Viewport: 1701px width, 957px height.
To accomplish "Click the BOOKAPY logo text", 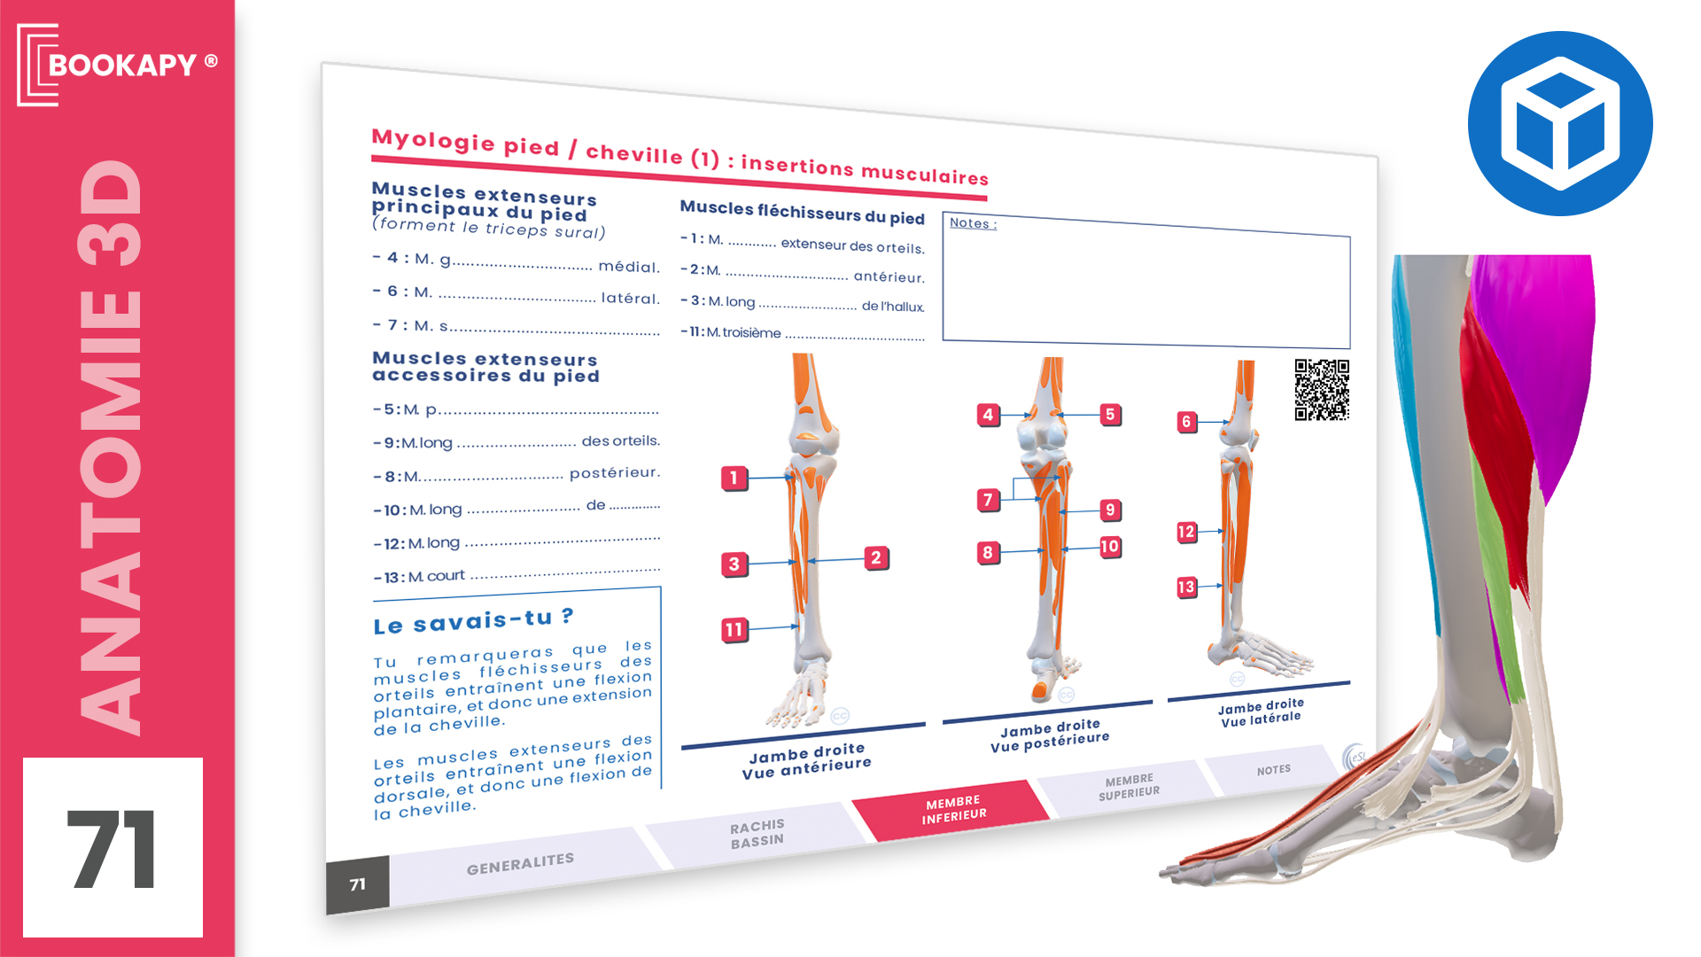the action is point(122,65).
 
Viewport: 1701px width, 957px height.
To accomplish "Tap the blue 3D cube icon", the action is point(1560,123).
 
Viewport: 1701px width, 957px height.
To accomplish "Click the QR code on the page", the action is point(1322,389).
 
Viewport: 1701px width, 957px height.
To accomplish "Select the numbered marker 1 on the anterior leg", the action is point(734,478).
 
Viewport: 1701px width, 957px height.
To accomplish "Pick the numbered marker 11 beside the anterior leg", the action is point(734,630).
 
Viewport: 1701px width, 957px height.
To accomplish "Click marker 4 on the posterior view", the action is point(988,415).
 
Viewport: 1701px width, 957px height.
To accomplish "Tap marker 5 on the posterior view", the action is point(1110,415).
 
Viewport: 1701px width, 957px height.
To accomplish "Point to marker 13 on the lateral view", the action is point(1186,587).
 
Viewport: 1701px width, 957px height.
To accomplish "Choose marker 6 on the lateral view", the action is point(1186,422).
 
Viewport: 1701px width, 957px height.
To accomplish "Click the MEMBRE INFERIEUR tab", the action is point(952,809).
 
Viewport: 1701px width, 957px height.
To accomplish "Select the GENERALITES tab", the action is point(520,864).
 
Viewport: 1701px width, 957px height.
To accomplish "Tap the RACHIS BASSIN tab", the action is point(757,834).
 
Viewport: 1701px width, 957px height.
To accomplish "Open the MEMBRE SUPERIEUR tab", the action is point(1129,787).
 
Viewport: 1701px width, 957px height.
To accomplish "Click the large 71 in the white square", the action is point(113,849).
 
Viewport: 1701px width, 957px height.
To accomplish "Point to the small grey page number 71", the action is point(358,884).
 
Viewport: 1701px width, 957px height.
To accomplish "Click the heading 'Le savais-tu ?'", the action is point(473,621).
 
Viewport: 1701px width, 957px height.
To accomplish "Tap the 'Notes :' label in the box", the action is point(973,223).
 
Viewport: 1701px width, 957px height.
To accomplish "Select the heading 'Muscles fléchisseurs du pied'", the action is point(802,212).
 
